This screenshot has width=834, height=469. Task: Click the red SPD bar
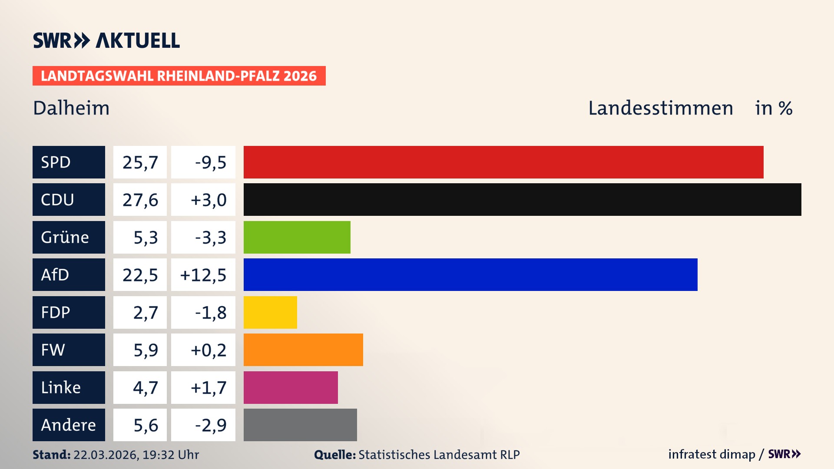[x=503, y=162]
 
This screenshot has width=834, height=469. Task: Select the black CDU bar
[x=522, y=199]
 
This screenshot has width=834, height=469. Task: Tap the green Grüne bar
[x=297, y=237]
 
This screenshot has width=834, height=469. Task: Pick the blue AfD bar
[x=470, y=274]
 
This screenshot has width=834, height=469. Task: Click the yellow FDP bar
[x=270, y=312]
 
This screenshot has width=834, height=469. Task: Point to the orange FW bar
[x=303, y=350]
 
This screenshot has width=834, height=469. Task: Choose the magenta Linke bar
[x=290, y=387]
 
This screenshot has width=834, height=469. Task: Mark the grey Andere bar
[x=300, y=425]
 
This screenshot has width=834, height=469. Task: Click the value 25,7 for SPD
[x=140, y=162]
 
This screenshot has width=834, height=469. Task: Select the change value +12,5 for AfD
[x=203, y=275]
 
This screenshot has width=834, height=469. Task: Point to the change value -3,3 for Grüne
[x=210, y=238]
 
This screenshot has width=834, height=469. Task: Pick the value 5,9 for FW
[x=146, y=350]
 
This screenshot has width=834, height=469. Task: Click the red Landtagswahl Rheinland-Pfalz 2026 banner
[x=179, y=76]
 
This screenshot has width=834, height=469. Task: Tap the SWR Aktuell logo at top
[x=106, y=40]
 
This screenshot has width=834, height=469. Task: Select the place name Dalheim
[x=71, y=108]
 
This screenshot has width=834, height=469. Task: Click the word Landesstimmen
[x=660, y=108]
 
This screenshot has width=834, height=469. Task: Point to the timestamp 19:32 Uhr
[x=170, y=455]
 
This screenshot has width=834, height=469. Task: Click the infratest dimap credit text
[x=711, y=454]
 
